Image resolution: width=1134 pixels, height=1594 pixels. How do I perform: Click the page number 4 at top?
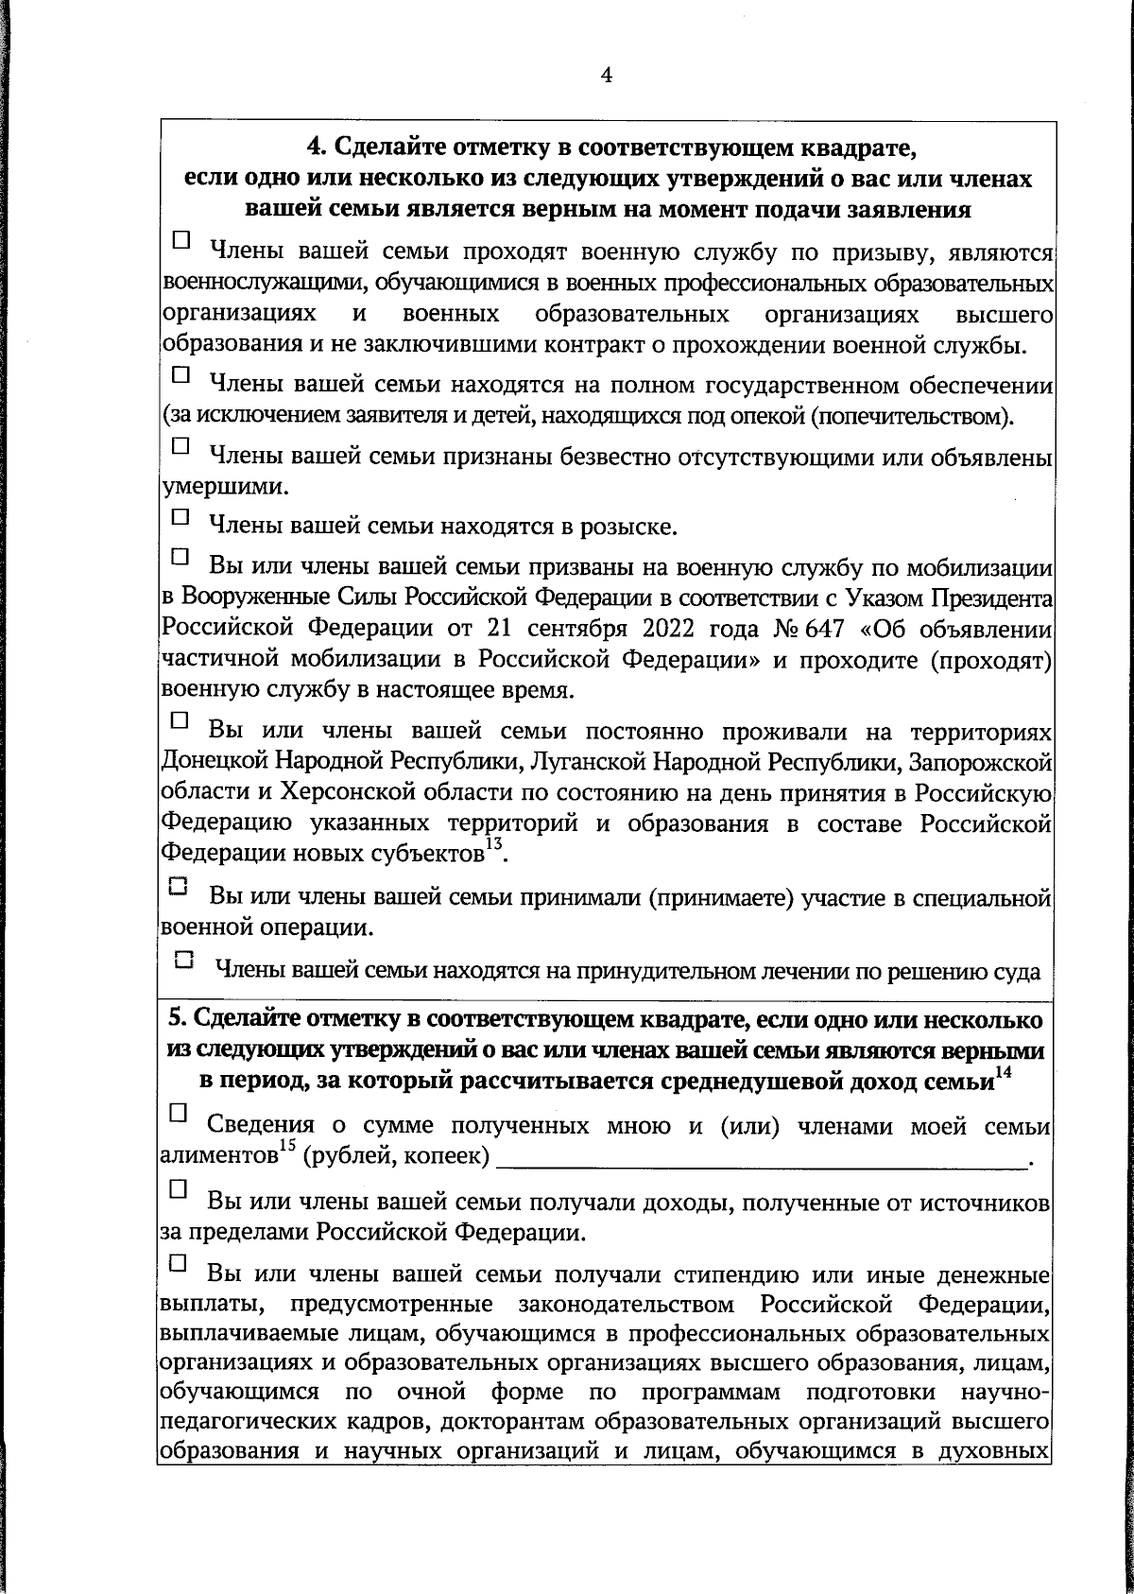point(607,76)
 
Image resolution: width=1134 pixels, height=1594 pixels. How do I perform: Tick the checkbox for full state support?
point(180,375)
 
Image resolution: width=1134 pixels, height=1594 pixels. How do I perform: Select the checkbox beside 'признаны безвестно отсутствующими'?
point(180,443)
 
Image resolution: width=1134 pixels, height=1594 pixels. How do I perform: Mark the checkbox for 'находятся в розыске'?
point(180,517)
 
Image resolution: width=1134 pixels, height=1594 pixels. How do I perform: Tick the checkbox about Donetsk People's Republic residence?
point(180,720)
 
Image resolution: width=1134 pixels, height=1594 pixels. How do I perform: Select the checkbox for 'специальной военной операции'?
point(180,887)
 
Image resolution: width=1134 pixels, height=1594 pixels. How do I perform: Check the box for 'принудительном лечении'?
point(184,959)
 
